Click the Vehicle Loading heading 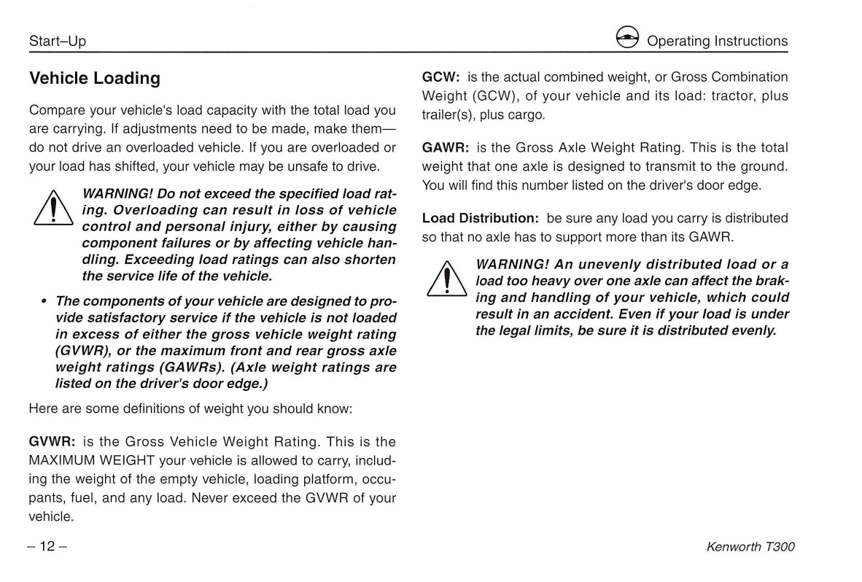tap(94, 78)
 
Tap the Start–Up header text tap(58, 42)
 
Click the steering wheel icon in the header tap(627, 39)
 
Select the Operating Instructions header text tap(718, 42)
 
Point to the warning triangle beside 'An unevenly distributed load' tap(446, 280)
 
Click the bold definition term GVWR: tap(53, 442)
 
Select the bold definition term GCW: tap(441, 77)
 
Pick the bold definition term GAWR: tap(446, 148)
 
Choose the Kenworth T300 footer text tap(750, 547)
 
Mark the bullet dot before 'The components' tap(44, 300)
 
